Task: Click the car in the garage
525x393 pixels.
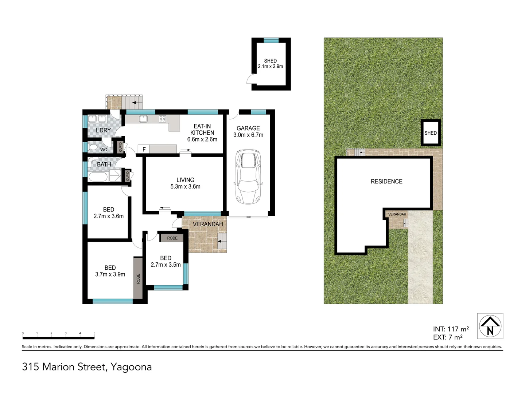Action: (x=248, y=176)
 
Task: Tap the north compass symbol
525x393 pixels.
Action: (x=490, y=326)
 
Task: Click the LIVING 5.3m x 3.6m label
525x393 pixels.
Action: (x=185, y=183)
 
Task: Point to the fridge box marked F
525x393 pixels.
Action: (x=144, y=149)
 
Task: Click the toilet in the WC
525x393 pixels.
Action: (x=93, y=148)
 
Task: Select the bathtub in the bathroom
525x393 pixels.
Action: (x=98, y=177)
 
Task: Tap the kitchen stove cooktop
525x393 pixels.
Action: (x=162, y=119)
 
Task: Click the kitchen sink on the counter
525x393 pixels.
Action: (x=143, y=119)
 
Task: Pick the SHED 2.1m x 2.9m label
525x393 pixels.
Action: (x=270, y=64)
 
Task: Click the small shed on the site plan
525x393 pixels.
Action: (x=431, y=133)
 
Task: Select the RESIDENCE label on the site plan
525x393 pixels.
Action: (x=386, y=181)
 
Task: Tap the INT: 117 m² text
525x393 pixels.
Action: (x=451, y=329)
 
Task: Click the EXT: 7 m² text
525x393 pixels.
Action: (x=448, y=337)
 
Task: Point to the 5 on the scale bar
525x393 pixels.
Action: (x=94, y=333)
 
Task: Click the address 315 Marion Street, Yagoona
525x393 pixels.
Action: (x=87, y=367)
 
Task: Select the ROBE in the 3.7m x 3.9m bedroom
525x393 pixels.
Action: (x=138, y=278)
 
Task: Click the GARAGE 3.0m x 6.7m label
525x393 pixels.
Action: (x=248, y=131)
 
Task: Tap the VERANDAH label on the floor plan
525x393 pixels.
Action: (x=207, y=224)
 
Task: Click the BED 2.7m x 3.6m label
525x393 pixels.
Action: (x=109, y=213)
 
